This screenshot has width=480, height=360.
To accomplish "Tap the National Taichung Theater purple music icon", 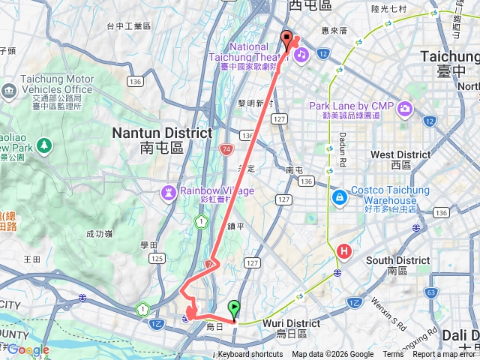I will tap(300, 55).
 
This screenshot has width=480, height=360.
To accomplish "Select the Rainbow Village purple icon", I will tap(169, 193).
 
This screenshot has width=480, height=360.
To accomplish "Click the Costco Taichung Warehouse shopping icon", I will tap(340, 196).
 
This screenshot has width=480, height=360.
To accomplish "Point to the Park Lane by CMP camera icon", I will tap(406, 109).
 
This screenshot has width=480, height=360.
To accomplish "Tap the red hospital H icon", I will tap(345, 251).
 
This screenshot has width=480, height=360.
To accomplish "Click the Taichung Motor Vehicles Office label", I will tap(52, 84).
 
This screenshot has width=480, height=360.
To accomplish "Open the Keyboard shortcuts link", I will tap(250, 355).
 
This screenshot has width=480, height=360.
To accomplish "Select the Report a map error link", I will tap(445, 355).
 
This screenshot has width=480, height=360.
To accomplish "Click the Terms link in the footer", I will tap(392, 355).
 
